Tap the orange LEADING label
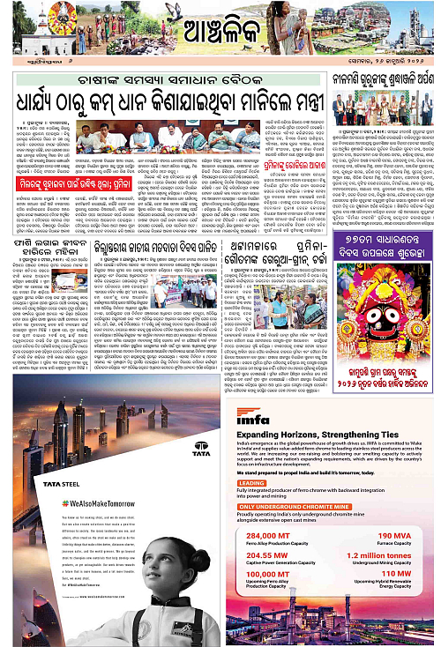[251, 484]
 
